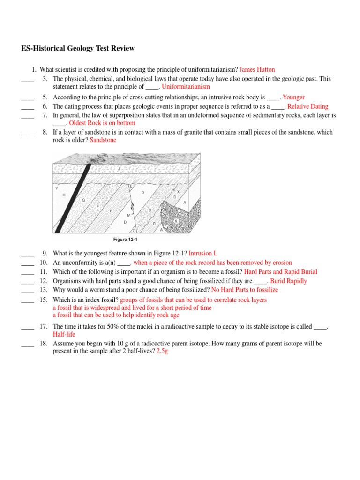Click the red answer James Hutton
point(257,70)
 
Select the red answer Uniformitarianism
point(186,87)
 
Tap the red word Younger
point(293,97)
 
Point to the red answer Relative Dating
point(307,106)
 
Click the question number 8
point(45,132)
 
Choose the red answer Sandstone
point(103,140)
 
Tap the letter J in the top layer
point(119,169)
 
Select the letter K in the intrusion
point(176,220)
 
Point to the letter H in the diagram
point(64,195)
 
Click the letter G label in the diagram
point(83,200)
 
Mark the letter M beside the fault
point(129,215)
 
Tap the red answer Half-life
point(64,335)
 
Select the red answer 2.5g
point(162,351)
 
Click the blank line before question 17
point(28,327)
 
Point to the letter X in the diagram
point(178,191)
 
